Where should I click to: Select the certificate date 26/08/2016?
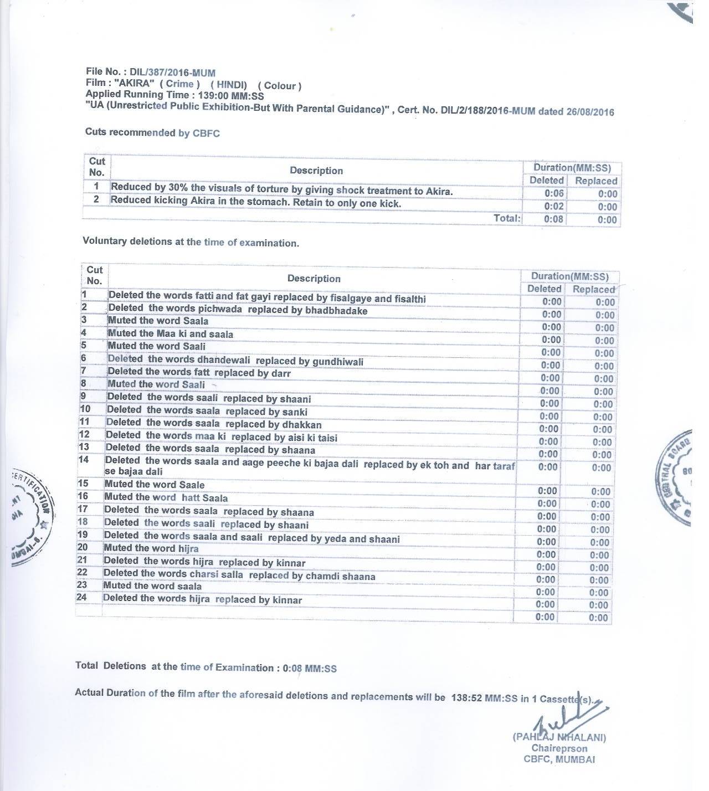tap(590, 111)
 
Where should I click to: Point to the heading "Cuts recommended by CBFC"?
tap(152, 132)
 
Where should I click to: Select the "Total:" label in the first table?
tap(507, 218)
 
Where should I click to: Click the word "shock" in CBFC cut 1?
tap(350, 191)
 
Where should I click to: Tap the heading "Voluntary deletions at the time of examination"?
tap(191, 242)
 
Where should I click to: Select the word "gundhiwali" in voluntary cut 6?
tap(338, 362)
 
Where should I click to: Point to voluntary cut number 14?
tap(84, 460)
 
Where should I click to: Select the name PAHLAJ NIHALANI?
tap(560, 737)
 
